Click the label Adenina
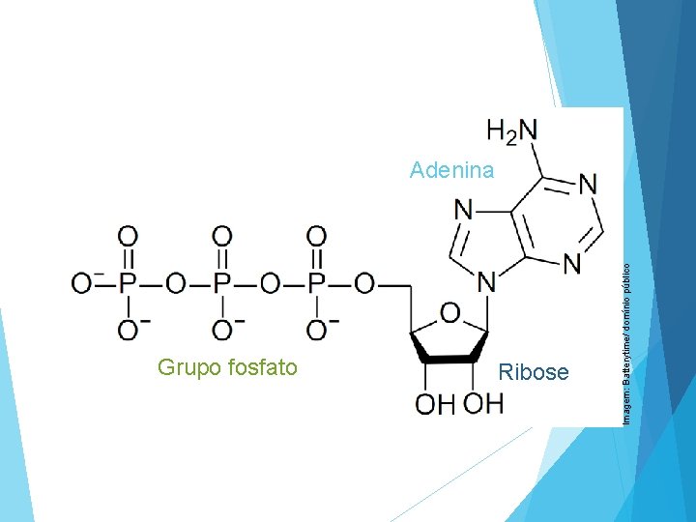point(451,171)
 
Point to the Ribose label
point(533,372)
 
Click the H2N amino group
point(511,130)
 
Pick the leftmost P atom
point(128,284)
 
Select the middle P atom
point(222,284)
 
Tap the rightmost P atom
point(317,284)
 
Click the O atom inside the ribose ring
point(450,311)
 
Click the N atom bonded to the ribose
point(486,282)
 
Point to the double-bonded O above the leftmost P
point(128,235)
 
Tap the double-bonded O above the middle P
point(222,235)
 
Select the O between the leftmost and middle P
point(175,284)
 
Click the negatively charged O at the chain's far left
point(81,283)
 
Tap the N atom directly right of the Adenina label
point(464,208)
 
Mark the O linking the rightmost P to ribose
point(364,284)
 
